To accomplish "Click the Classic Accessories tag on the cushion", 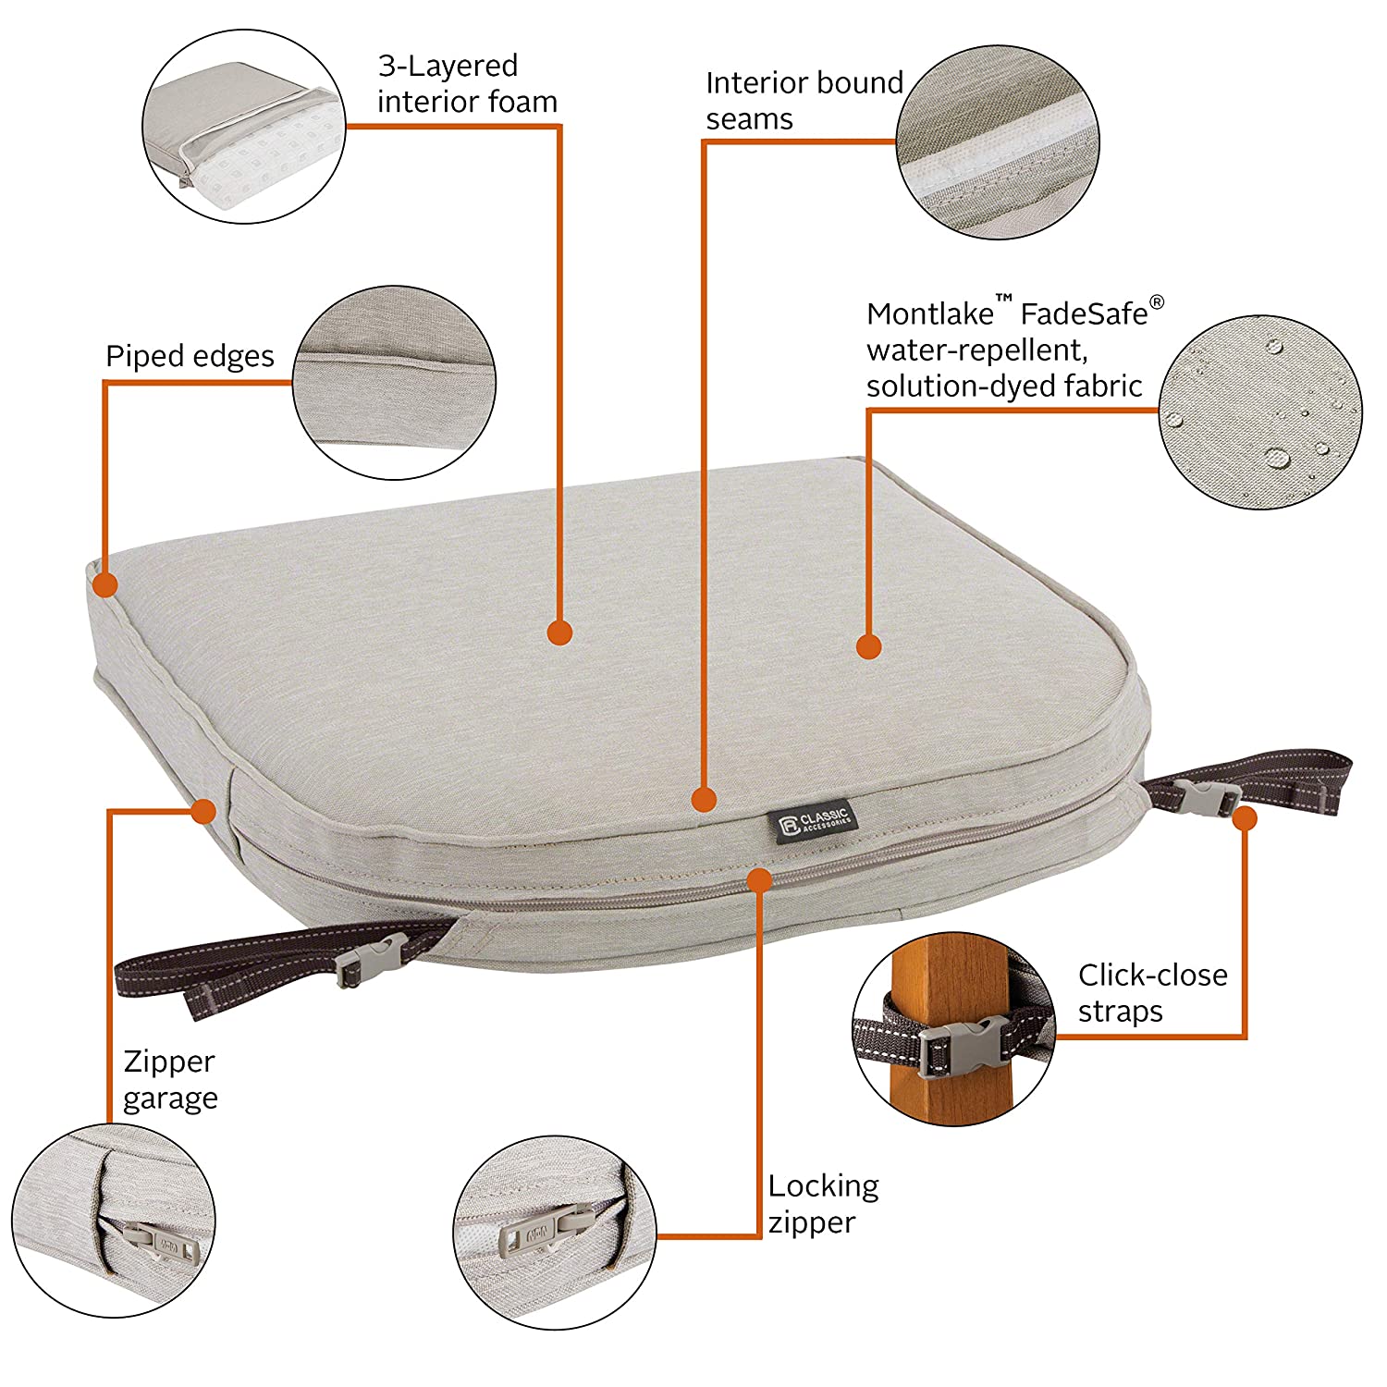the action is [813, 820].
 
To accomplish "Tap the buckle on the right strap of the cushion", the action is [1208, 797].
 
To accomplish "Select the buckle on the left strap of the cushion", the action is [371, 961].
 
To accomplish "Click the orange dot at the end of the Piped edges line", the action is [105, 584].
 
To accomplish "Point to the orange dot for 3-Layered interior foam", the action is [559, 632].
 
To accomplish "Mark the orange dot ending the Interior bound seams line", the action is [704, 799].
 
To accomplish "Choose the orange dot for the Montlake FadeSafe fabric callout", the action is [868, 646].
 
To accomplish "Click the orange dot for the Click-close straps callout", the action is [1246, 818].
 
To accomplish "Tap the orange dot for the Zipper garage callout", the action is [203, 812].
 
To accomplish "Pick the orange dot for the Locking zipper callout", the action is [759, 879].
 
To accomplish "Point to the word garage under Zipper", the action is [170, 1099].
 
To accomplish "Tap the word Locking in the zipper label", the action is [823, 1185].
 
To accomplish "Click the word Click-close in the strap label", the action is [1153, 975].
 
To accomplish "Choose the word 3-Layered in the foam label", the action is [448, 66].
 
